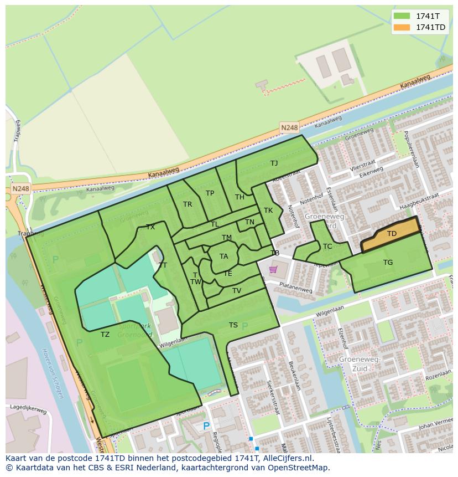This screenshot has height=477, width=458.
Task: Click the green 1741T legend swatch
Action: tap(402, 16)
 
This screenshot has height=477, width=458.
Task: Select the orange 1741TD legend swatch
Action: tap(402, 27)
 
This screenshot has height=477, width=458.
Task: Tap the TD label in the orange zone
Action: tap(392, 234)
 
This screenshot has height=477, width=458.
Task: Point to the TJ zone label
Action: tap(274, 163)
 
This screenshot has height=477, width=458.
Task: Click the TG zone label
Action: tap(388, 263)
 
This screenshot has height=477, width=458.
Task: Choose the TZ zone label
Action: tap(105, 334)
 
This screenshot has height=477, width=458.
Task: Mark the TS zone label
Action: tap(233, 325)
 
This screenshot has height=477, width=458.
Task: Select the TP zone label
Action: tap(210, 193)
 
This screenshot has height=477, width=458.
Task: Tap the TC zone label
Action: tap(327, 247)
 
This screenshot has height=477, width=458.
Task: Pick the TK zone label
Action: tap(268, 211)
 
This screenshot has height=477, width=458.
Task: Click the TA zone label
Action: tap(223, 257)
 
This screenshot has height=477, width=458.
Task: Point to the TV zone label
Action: tap(237, 291)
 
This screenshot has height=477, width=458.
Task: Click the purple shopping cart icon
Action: tap(273, 270)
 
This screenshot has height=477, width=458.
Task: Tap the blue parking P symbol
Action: tap(206, 426)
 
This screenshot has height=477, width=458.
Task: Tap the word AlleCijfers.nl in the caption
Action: tap(288, 458)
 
